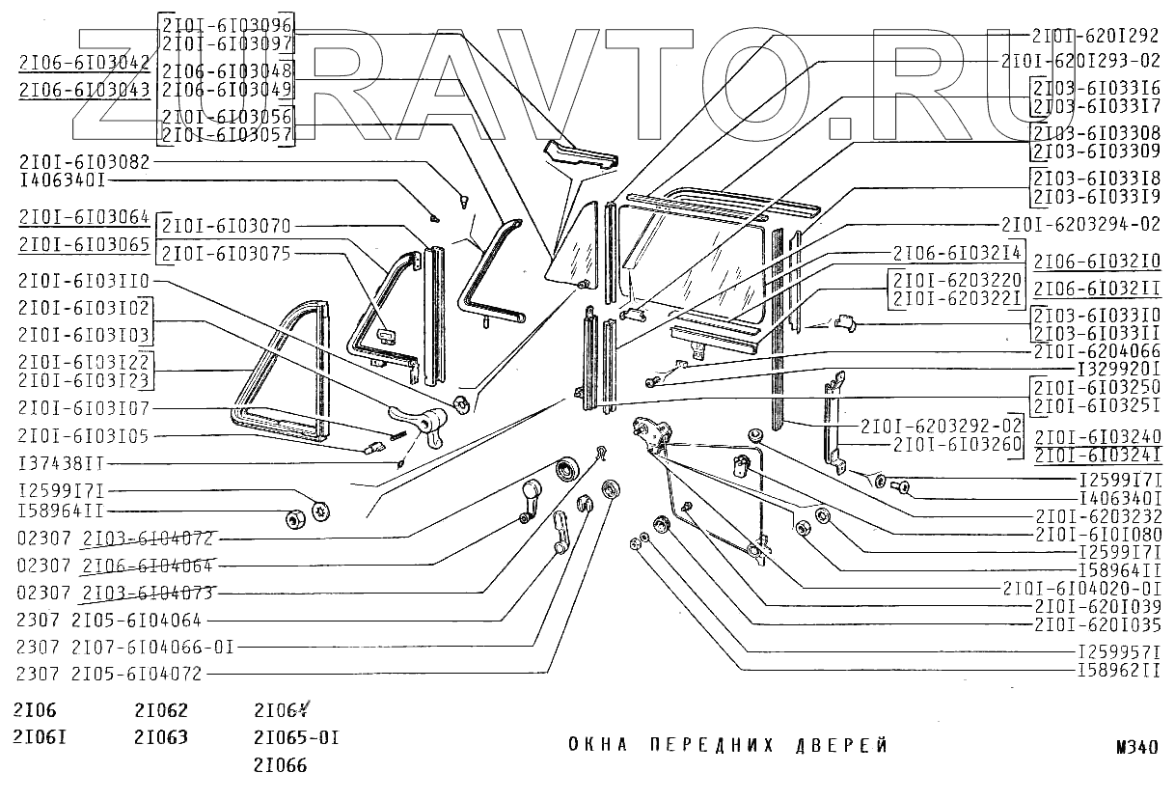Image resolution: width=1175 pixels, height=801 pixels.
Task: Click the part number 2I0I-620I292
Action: (1095, 36)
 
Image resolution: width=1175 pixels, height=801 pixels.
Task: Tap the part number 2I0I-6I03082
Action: (83, 162)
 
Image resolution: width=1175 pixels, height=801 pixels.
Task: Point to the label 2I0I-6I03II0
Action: (83, 281)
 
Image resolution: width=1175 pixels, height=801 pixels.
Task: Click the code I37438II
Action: (62, 463)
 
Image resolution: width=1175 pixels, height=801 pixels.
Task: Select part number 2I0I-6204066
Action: (1095, 352)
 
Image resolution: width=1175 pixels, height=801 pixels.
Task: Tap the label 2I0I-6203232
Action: (1095, 516)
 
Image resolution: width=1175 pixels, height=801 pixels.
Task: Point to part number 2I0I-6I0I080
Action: (1095, 534)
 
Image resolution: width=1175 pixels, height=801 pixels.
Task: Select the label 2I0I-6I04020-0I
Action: (1079, 588)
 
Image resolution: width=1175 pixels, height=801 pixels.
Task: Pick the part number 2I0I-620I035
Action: (1095, 624)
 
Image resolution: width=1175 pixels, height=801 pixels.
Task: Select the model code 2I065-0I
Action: (296, 738)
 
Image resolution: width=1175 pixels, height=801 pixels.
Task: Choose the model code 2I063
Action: (161, 738)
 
